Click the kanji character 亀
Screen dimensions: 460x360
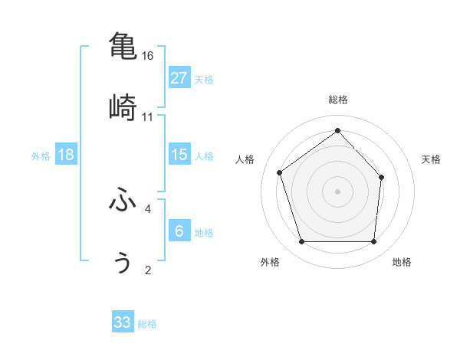point(123,45)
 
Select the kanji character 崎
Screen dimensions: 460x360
point(123,107)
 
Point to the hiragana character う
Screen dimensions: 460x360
point(123,262)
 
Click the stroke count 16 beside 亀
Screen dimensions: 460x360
point(148,56)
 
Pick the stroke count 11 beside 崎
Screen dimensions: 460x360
point(148,117)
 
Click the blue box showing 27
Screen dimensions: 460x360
point(179,78)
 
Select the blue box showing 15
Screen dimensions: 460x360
point(179,155)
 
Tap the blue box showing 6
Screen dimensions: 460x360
point(179,231)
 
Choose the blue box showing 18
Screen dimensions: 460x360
point(66,155)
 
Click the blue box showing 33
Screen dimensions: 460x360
point(123,322)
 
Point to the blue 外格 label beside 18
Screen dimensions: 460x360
point(41,156)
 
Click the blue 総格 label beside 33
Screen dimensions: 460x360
point(147,324)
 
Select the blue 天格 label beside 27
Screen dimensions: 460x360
point(204,80)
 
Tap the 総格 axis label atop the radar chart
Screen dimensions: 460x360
point(338,100)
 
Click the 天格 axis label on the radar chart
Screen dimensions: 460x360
point(432,159)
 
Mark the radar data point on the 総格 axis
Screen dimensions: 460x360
point(337,131)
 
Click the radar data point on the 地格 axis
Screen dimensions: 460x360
point(373,242)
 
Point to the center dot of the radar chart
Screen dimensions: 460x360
point(337,191)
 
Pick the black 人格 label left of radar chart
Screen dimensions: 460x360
point(245,159)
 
